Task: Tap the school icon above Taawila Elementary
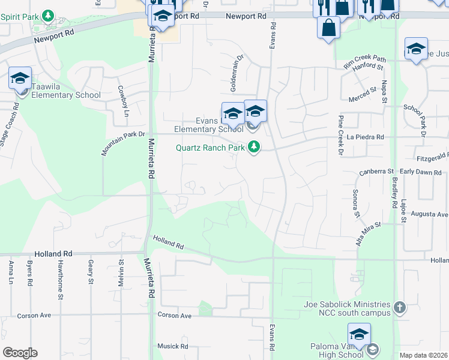[20, 79]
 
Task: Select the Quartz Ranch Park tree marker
[255, 147]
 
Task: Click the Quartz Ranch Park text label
[210, 148]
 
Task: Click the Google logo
[20, 353]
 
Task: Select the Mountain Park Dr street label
[124, 145]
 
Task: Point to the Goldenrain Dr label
[237, 73]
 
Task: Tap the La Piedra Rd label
[366, 137]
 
